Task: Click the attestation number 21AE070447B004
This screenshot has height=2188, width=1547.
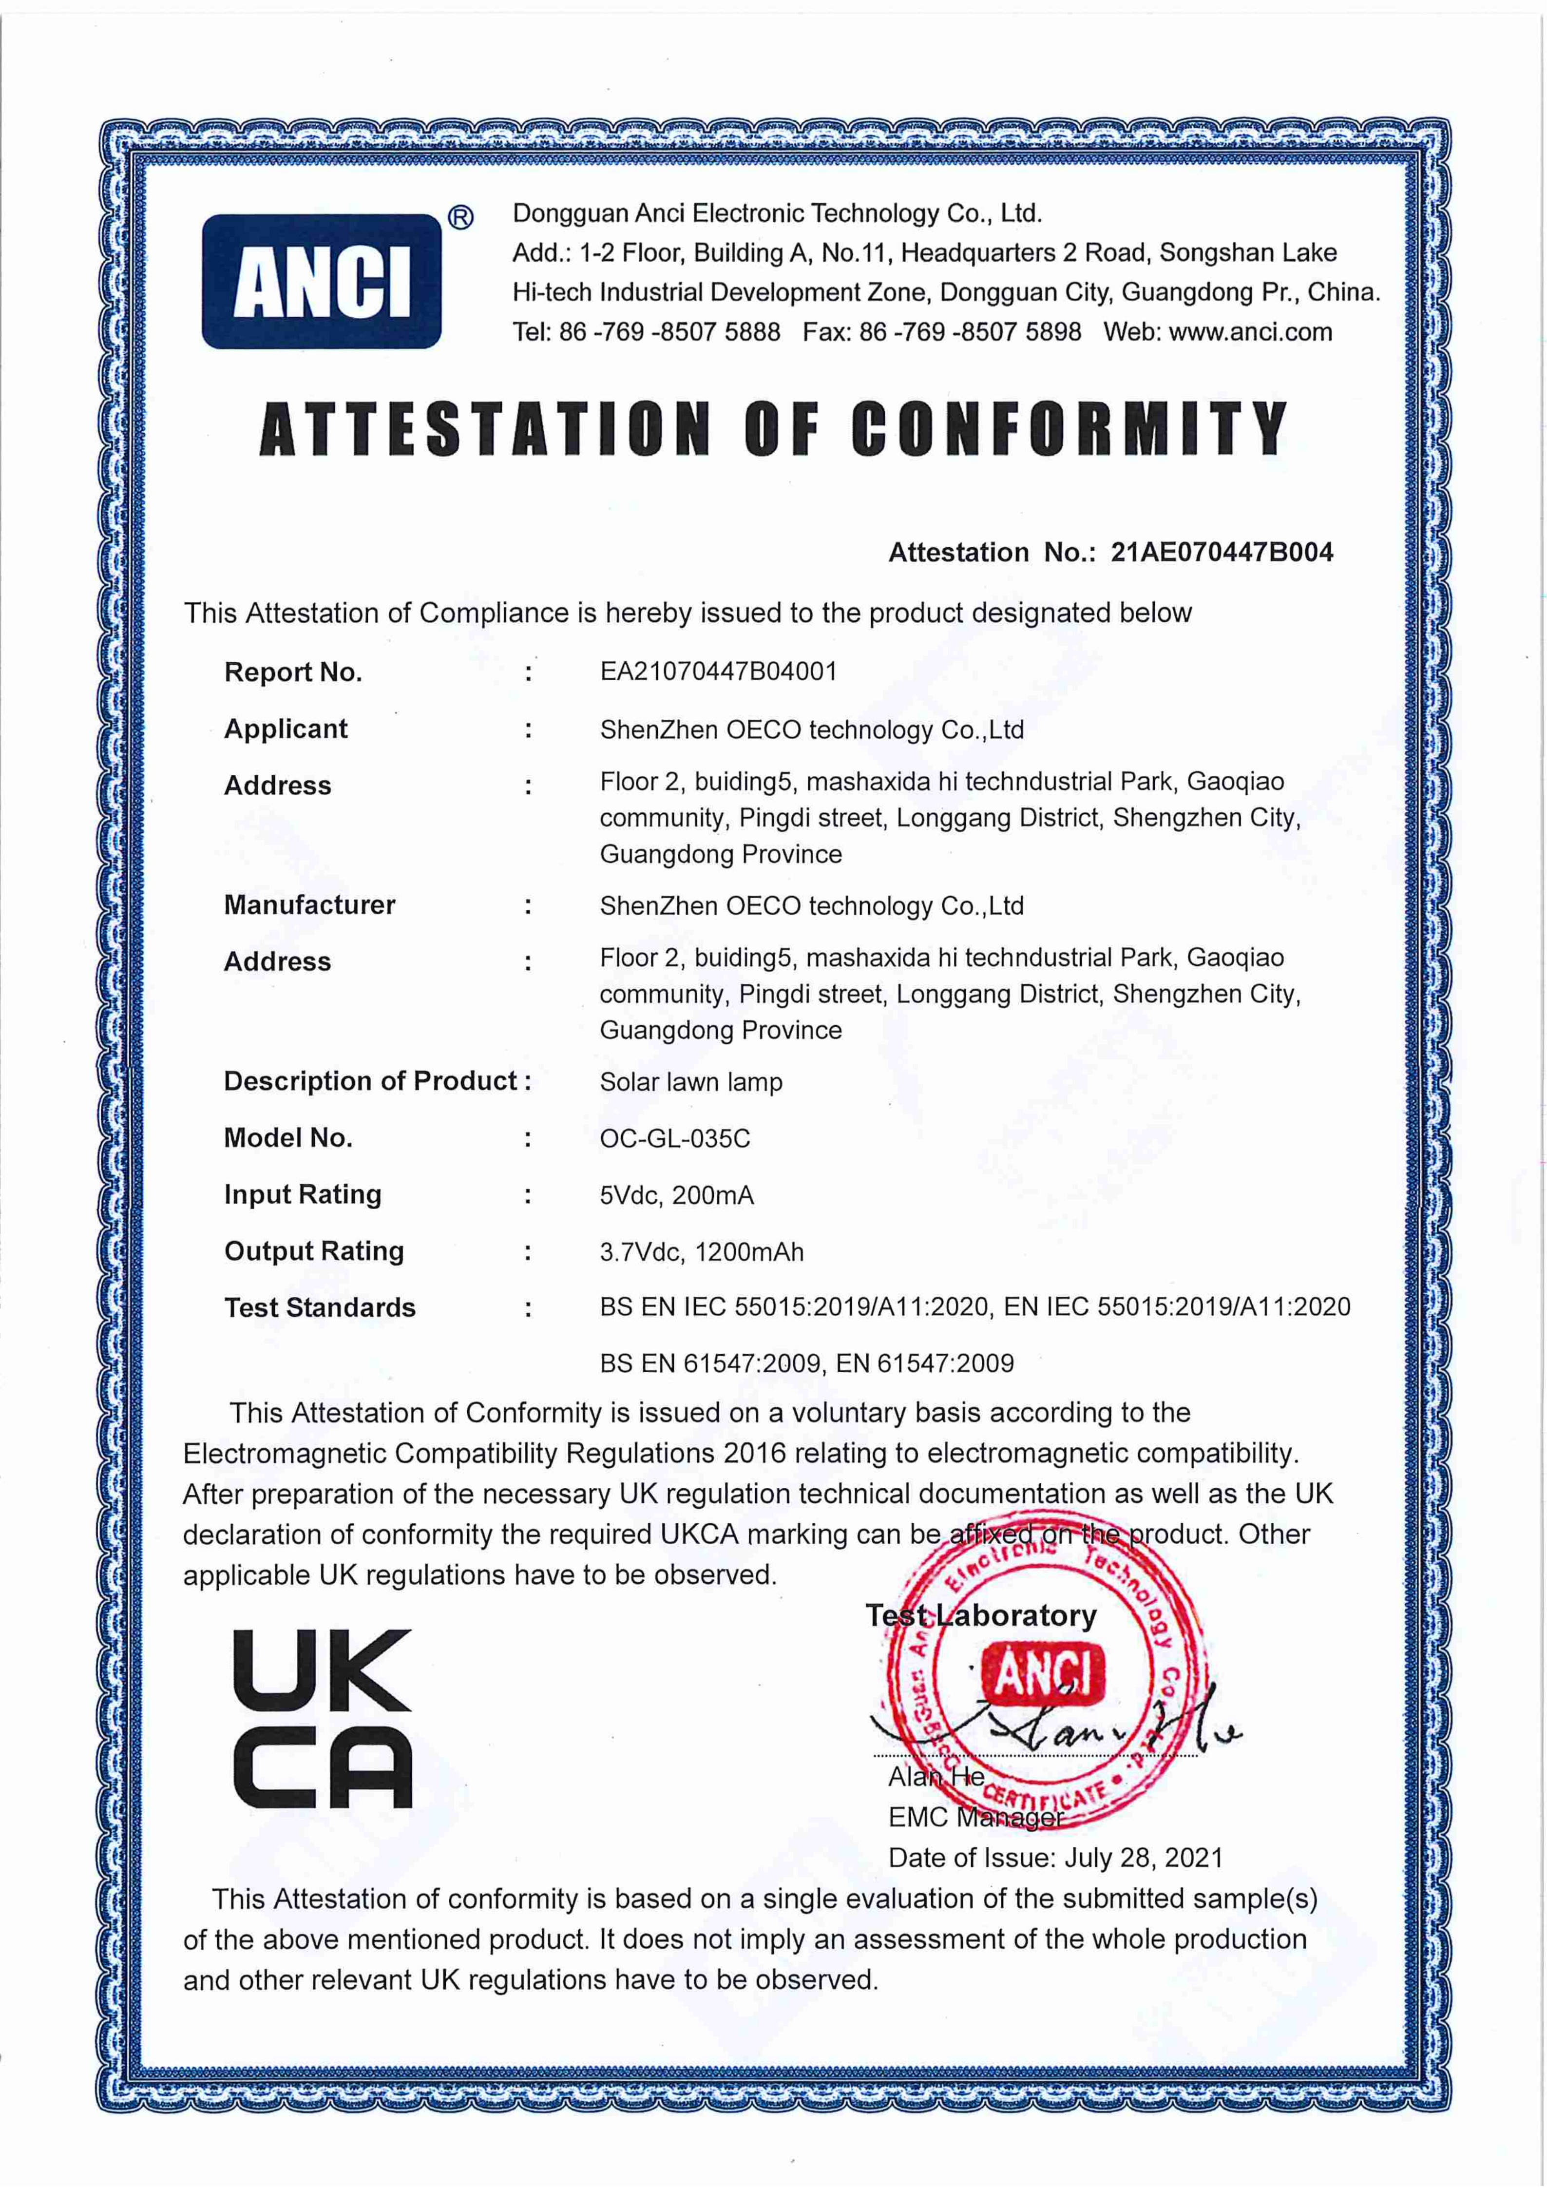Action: (x=1222, y=553)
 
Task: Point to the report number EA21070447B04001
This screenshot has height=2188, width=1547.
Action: (x=718, y=672)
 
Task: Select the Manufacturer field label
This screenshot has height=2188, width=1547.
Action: (x=309, y=905)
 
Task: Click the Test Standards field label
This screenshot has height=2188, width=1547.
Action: (x=320, y=1308)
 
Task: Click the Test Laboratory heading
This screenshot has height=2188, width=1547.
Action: (x=981, y=1615)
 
